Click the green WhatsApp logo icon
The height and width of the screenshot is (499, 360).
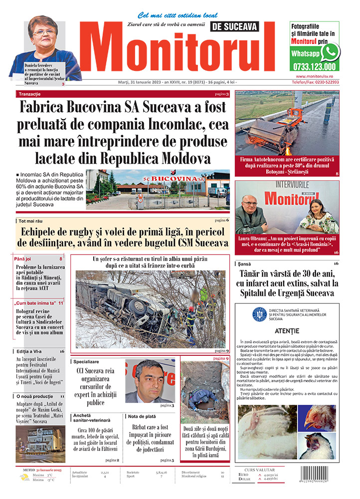[330, 52]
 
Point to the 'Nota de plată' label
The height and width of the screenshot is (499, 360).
[142, 416]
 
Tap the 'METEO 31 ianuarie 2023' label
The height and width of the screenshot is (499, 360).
[42, 470]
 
